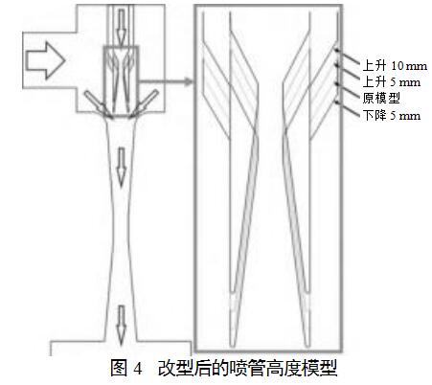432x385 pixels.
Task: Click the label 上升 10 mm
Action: tap(395, 66)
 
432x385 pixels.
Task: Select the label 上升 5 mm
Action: tap(391, 82)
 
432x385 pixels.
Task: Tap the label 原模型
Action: tap(381, 98)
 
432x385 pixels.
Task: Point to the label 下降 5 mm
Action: tap(391, 115)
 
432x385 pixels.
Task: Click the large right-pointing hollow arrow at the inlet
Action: tap(46, 60)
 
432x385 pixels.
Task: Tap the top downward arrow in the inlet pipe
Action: tap(121, 27)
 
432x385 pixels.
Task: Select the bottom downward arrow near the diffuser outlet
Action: tap(121, 325)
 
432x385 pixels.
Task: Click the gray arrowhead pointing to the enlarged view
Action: tap(189, 81)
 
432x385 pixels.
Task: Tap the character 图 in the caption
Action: tap(119, 369)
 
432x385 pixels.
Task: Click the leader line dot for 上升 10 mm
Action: tap(336, 49)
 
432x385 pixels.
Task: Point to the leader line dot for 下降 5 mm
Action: tap(336, 102)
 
